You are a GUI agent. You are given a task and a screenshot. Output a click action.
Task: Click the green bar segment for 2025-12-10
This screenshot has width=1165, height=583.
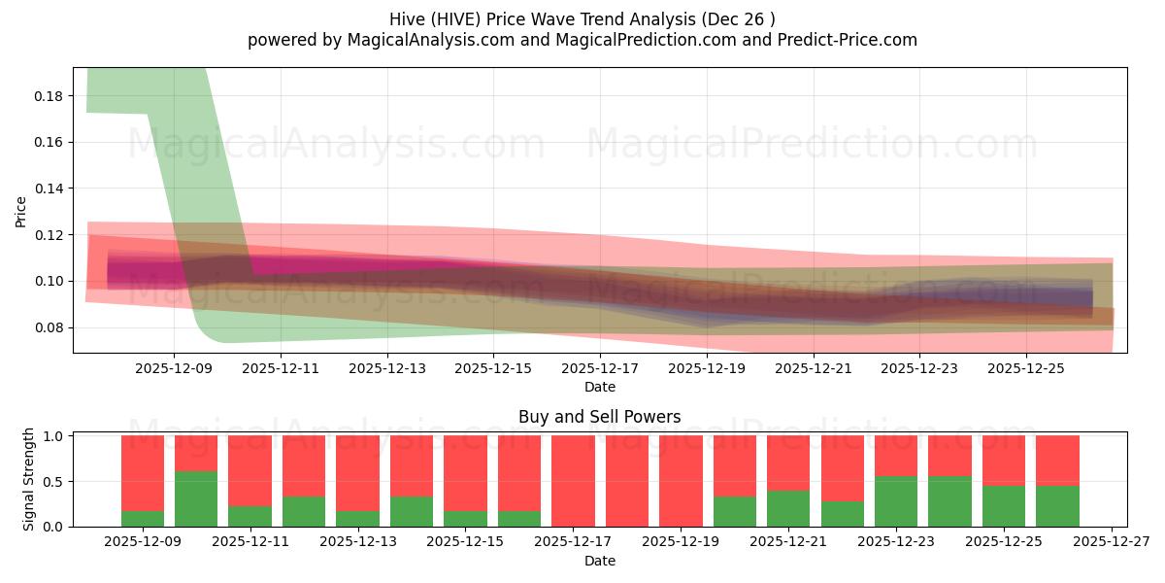click(x=196, y=498)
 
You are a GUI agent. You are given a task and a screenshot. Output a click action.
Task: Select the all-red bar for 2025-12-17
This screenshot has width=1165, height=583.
click(x=573, y=481)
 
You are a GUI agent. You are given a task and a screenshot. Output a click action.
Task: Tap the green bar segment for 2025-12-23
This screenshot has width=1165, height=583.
click(x=896, y=501)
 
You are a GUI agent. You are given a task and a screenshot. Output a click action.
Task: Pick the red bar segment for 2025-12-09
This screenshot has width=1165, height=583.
click(x=143, y=472)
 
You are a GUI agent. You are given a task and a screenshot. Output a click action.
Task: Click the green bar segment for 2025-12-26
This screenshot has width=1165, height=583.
click(x=1057, y=506)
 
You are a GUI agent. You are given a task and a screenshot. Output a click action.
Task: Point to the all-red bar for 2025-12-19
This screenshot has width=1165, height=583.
click(x=681, y=481)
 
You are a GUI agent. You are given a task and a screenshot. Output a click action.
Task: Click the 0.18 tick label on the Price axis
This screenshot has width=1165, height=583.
click(x=49, y=96)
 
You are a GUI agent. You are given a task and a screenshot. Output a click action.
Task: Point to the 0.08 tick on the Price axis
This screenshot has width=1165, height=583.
click(x=49, y=327)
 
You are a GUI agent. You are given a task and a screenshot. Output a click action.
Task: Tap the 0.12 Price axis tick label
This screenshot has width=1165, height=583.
click(x=49, y=235)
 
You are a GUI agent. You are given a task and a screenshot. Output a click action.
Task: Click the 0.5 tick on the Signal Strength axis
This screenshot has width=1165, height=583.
click(x=54, y=482)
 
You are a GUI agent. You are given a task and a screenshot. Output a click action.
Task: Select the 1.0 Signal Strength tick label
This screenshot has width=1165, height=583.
click(x=54, y=436)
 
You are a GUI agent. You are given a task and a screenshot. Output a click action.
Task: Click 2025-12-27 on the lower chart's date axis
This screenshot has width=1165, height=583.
click(x=1111, y=542)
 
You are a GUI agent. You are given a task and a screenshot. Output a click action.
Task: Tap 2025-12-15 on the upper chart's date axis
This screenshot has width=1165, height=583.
click(x=493, y=368)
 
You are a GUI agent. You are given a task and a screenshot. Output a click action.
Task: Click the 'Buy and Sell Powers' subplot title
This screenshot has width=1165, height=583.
click(x=599, y=417)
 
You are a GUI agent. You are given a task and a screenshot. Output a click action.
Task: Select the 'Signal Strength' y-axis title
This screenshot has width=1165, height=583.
click(x=29, y=479)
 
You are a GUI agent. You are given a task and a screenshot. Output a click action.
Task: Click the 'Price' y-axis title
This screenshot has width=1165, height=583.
click(x=21, y=211)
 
